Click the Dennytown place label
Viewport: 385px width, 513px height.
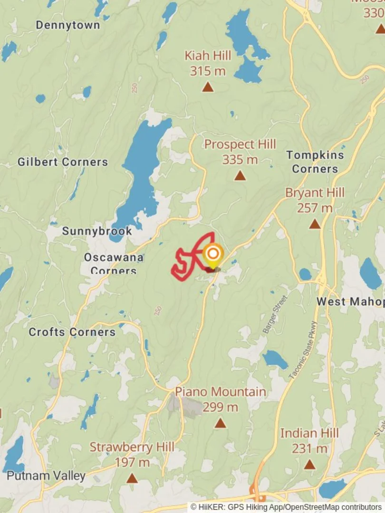tap(68, 25)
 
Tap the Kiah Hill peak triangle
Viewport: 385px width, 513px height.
tap(207, 87)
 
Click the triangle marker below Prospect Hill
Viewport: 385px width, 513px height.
tap(240, 176)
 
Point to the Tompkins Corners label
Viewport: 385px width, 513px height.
tap(315, 161)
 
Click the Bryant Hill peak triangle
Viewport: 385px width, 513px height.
tap(315, 224)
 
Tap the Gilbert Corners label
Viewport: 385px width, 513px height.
tap(63, 162)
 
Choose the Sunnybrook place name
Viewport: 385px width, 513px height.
tap(97, 231)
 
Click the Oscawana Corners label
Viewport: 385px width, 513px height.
tap(114, 264)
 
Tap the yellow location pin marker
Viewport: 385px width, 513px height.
tap(213, 256)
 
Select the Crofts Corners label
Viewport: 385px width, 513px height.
tap(72, 332)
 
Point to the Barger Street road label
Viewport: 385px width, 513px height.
tap(275, 314)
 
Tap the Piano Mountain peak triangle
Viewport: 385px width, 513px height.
tap(220, 423)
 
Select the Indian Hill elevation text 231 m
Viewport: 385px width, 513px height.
tap(309, 448)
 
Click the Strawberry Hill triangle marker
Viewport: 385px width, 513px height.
tap(132, 478)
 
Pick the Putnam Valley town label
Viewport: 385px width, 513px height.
tap(46, 475)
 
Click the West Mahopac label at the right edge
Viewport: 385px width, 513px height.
tap(350, 302)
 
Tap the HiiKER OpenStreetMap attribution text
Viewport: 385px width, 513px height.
tap(286, 507)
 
